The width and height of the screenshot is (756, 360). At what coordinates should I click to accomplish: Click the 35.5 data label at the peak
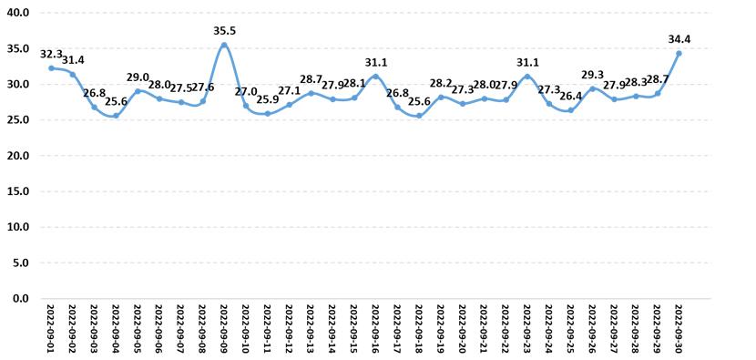tap(224, 31)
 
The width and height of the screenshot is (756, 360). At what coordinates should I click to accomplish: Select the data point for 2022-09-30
tap(679, 54)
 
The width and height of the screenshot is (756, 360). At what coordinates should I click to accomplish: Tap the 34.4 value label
tap(679, 39)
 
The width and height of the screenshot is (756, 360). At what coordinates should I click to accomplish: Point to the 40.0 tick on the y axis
tap(19, 13)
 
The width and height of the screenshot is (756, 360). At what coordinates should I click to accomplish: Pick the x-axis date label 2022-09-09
tap(224, 329)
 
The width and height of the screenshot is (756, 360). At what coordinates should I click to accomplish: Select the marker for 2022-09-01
tap(51, 68)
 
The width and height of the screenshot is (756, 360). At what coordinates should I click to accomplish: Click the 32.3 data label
tap(51, 55)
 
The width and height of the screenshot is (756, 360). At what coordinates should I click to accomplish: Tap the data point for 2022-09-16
tap(375, 77)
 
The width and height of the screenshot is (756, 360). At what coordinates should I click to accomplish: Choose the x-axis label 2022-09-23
tap(527, 329)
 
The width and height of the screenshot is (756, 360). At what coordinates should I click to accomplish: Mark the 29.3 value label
tap(593, 75)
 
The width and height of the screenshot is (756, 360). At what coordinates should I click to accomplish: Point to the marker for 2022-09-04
tap(116, 116)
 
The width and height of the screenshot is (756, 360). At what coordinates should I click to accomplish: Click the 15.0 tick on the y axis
tap(19, 191)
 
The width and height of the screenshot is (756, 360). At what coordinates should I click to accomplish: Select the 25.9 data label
tap(268, 100)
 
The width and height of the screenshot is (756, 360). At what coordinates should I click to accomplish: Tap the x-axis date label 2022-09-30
tap(679, 329)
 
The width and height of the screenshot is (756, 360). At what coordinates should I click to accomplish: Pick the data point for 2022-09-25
tap(571, 110)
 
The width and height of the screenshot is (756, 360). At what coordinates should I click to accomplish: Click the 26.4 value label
tap(571, 97)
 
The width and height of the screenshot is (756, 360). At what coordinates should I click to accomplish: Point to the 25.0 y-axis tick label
tap(19, 119)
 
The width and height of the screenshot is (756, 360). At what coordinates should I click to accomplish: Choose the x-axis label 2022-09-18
tap(418, 329)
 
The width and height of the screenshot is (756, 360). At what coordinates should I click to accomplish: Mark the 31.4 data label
tap(73, 61)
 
